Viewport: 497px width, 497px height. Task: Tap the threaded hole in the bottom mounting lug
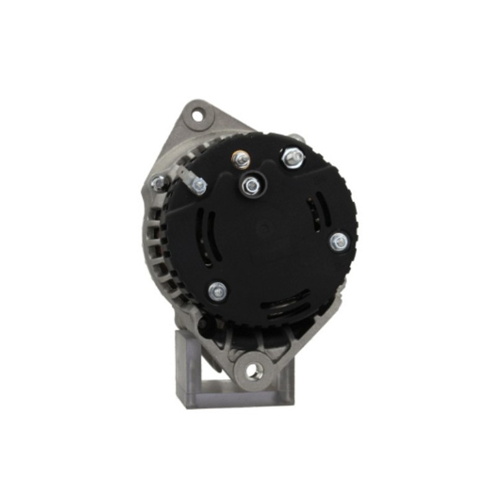coord(254,371)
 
